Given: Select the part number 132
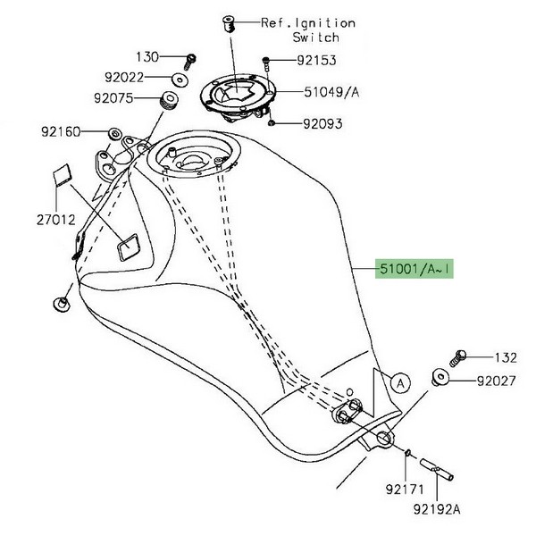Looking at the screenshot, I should coord(505,358).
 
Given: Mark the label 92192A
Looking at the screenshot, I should coord(439,513).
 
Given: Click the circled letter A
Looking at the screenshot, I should coord(399,383).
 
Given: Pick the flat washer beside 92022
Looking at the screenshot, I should coord(180,80).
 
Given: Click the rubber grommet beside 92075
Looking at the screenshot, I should coord(168,98).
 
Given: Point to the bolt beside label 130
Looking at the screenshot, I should coord(189,59).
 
